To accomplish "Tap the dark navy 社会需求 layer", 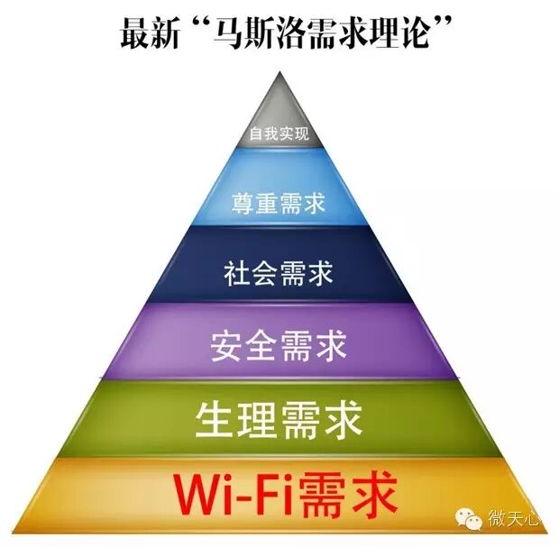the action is (x=279, y=269).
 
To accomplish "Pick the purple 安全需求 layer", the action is (x=279, y=343).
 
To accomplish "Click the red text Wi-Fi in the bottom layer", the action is (x=235, y=493).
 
